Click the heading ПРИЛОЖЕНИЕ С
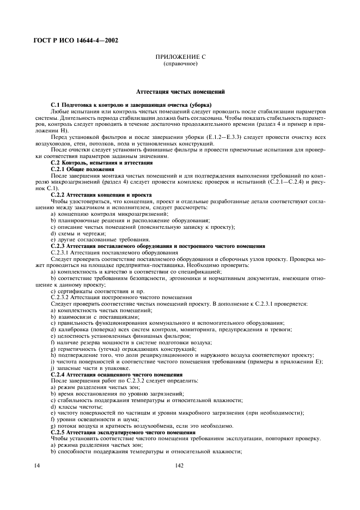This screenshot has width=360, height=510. [x=180, y=57]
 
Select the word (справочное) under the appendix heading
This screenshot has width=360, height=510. [x=180, y=63]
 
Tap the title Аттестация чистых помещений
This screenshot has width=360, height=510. [x=180, y=92]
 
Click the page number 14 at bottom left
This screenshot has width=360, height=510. [x=37, y=466]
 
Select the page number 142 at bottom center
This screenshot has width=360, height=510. [x=180, y=466]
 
